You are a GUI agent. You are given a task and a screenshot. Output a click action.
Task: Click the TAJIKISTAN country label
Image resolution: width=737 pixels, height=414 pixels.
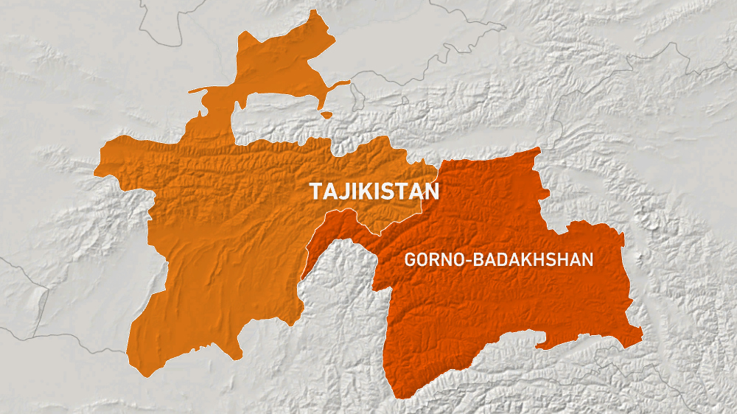pyautogui.click(x=374, y=192)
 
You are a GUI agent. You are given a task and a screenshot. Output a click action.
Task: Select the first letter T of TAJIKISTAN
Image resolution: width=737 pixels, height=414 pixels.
pyautogui.click(x=315, y=192)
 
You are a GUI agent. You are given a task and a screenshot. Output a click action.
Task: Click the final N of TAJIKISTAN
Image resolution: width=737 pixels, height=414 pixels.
pyautogui.click(x=433, y=192)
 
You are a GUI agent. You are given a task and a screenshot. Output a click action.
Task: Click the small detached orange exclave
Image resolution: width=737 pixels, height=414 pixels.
pyautogui.click(x=326, y=115)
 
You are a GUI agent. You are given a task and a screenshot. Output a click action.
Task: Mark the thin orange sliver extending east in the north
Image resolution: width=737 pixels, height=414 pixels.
pyautogui.click(x=339, y=85)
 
